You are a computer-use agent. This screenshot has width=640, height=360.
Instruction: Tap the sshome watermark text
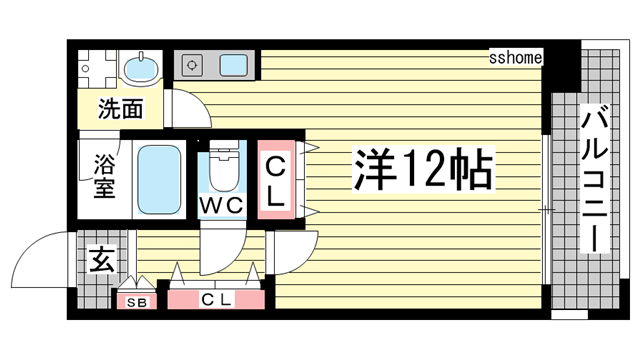(x=515, y=58)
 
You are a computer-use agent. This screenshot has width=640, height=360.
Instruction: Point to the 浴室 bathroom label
(x=103, y=176)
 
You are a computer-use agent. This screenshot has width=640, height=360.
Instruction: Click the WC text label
(x=221, y=204)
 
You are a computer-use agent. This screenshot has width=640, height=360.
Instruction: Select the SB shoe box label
(x=133, y=300)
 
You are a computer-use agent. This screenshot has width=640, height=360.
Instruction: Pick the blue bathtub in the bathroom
(x=157, y=180)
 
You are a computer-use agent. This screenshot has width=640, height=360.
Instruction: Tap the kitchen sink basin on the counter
(x=235, y=66)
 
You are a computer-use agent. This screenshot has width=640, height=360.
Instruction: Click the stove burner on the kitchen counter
(x=193, y=66)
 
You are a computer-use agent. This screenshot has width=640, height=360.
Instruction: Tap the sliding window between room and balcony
(x=545, y=209)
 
